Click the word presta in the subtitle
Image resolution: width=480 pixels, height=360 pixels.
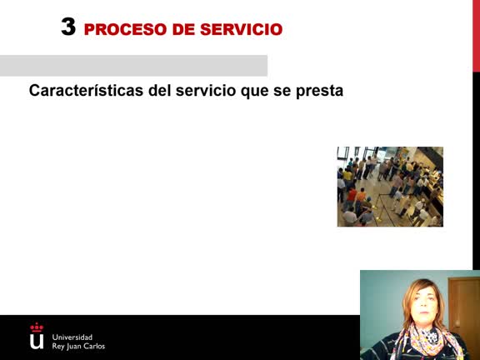(x=320, y=90)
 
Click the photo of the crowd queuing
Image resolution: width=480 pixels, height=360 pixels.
(x=390, y=187)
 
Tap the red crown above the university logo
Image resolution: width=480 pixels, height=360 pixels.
(x=37, y=327)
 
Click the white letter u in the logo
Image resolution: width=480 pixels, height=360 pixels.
(x=37, y=341)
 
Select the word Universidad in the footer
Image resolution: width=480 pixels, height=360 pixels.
(x=72, y=337)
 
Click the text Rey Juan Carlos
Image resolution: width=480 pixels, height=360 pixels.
(x=78, y=346)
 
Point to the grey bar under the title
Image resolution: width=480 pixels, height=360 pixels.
(x=133, y=66)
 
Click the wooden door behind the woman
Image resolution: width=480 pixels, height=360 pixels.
(x=464, y=308)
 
